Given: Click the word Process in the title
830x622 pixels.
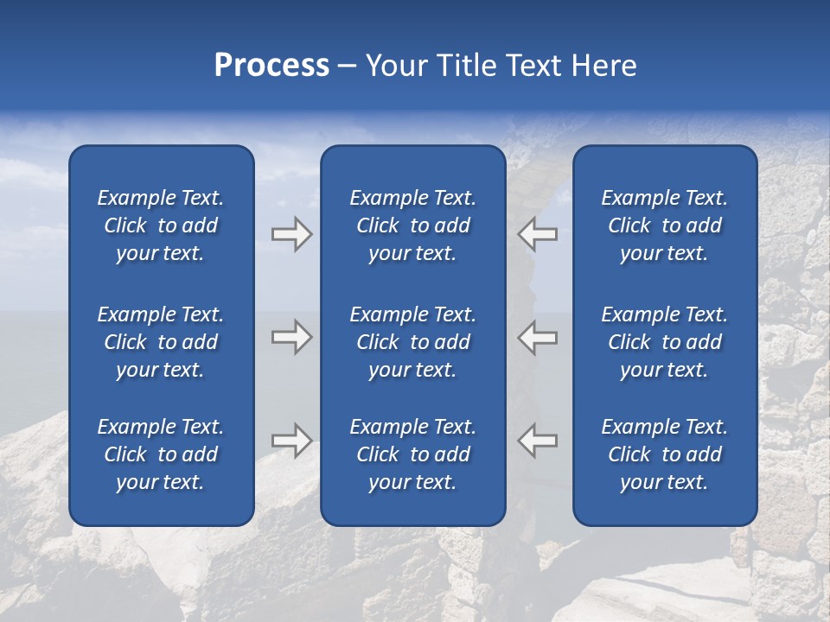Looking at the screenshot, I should [271, 66].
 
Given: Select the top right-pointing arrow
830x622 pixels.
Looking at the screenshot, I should [291, 234].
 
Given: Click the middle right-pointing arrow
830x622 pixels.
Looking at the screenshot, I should [291, 337].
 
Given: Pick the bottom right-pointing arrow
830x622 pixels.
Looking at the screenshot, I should [291, 441].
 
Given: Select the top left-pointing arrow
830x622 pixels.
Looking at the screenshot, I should [538, 234].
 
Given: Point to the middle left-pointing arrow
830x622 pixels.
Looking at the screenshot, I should [538, 337].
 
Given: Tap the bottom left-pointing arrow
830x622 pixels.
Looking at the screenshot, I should [538, 441].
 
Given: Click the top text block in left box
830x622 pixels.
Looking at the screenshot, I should [161, 225].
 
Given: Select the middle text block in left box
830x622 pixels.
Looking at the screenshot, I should [161, 342].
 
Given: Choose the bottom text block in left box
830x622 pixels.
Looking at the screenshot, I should [161, 454].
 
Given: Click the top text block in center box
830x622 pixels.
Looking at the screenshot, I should [413, 225].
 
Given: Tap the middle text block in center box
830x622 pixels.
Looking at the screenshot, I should [413, 342].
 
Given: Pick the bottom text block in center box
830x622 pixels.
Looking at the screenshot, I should [413, 454].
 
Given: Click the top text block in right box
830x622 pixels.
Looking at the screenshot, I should [665, 225].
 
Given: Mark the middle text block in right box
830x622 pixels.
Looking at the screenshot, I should [665, 342].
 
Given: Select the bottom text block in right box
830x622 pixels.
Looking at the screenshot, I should [665, 454].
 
